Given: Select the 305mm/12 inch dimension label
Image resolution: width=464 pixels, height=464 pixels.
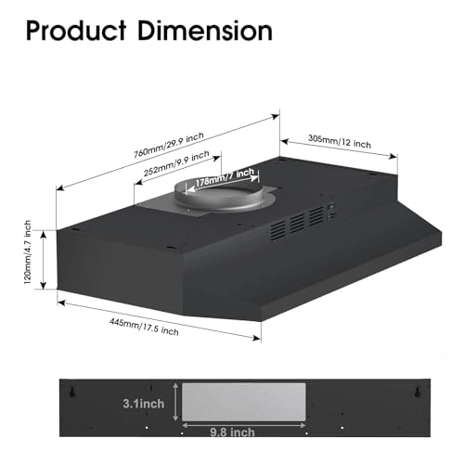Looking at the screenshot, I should point(339,144).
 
